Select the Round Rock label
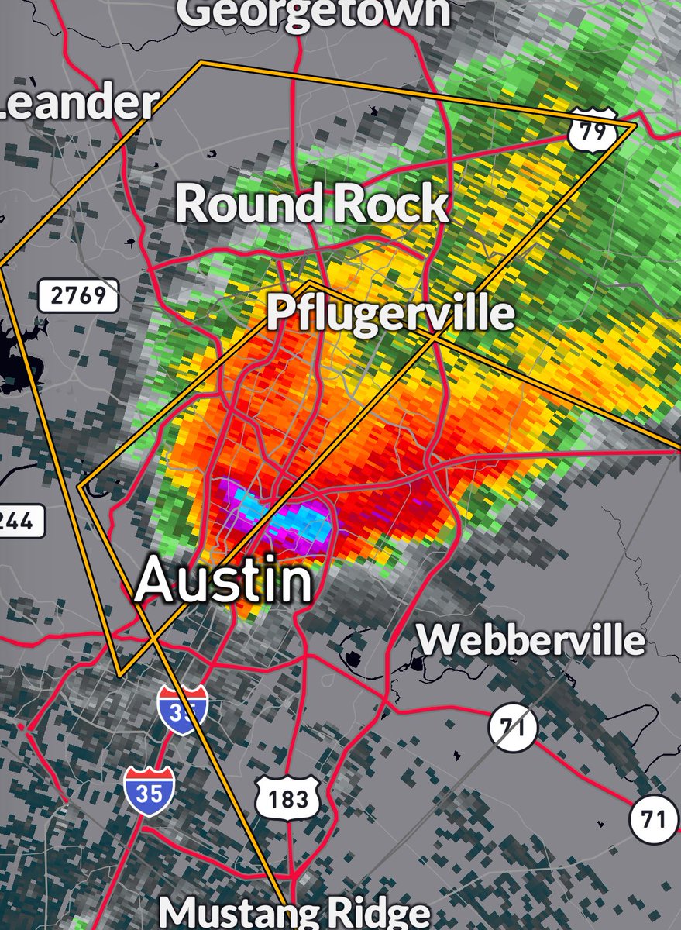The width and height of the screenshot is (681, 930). (311, 205)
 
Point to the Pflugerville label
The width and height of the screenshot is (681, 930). (390, 314)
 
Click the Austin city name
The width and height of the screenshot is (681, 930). (223, 581)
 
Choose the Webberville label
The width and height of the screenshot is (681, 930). (531, 640)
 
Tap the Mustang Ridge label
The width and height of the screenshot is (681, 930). (294, 913)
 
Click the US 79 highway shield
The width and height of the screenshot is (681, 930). (593, 130)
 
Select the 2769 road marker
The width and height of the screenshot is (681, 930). (78, 295)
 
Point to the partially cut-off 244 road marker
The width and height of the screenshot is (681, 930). (19, 521)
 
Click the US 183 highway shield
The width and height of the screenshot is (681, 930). (288, 798)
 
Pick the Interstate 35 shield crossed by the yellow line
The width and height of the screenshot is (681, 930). (183, 709)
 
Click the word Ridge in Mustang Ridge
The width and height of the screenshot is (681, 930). (371, 913)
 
